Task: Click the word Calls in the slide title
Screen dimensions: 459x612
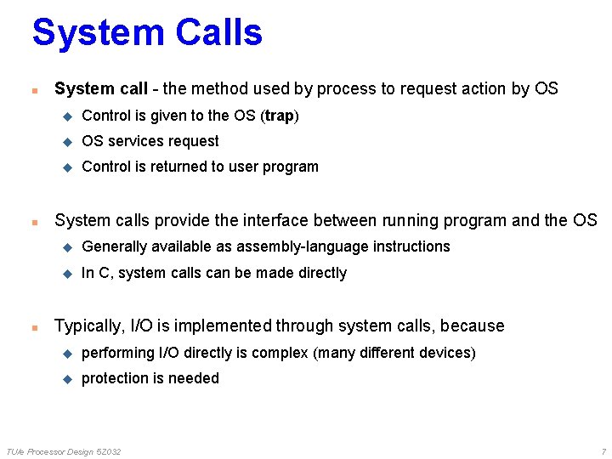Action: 219,32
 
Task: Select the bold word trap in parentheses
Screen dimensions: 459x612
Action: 280,116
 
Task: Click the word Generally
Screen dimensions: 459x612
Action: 114,246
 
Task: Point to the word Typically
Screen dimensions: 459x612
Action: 88,326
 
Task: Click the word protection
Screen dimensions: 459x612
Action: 116,378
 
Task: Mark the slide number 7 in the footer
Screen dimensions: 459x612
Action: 603,451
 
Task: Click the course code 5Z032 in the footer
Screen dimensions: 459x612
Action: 108,451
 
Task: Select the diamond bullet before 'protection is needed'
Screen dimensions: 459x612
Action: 68,379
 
